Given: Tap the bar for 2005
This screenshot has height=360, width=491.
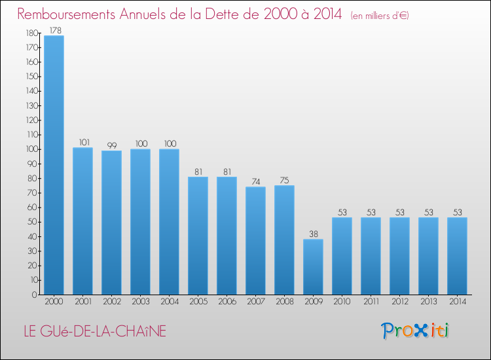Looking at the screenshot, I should tap(198, 236).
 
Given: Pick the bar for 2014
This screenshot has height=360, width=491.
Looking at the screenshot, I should tap(457, 256).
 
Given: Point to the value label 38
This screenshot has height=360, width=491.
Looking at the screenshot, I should tap(313, 234).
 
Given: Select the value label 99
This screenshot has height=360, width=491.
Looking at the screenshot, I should tap(111, 145).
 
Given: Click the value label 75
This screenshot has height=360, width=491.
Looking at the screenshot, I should tap(284, 181).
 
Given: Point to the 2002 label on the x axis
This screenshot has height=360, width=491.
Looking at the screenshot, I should tap(111, 302).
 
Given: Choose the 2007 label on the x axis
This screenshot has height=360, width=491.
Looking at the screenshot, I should tap(255, 302).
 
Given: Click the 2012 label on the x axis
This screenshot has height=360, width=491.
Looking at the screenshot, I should tap(399, 302).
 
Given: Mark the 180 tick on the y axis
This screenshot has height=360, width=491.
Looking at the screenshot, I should tap(30, 33).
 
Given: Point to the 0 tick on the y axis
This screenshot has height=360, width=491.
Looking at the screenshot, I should tap(34, 295).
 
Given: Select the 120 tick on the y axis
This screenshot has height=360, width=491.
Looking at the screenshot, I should tap(30, 120).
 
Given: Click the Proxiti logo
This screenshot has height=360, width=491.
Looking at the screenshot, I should tap(416, 331).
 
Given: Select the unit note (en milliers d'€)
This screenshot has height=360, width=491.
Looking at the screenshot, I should tap(380, 15).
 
